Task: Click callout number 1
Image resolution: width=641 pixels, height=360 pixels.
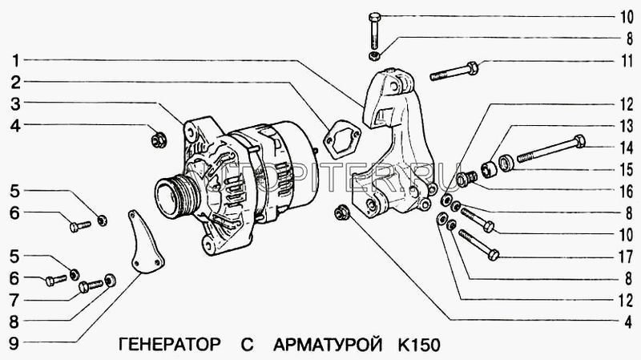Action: click(16, 60)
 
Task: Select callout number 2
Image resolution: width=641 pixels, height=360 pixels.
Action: click(16, 81)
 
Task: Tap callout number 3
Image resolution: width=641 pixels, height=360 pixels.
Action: click(16, 103)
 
